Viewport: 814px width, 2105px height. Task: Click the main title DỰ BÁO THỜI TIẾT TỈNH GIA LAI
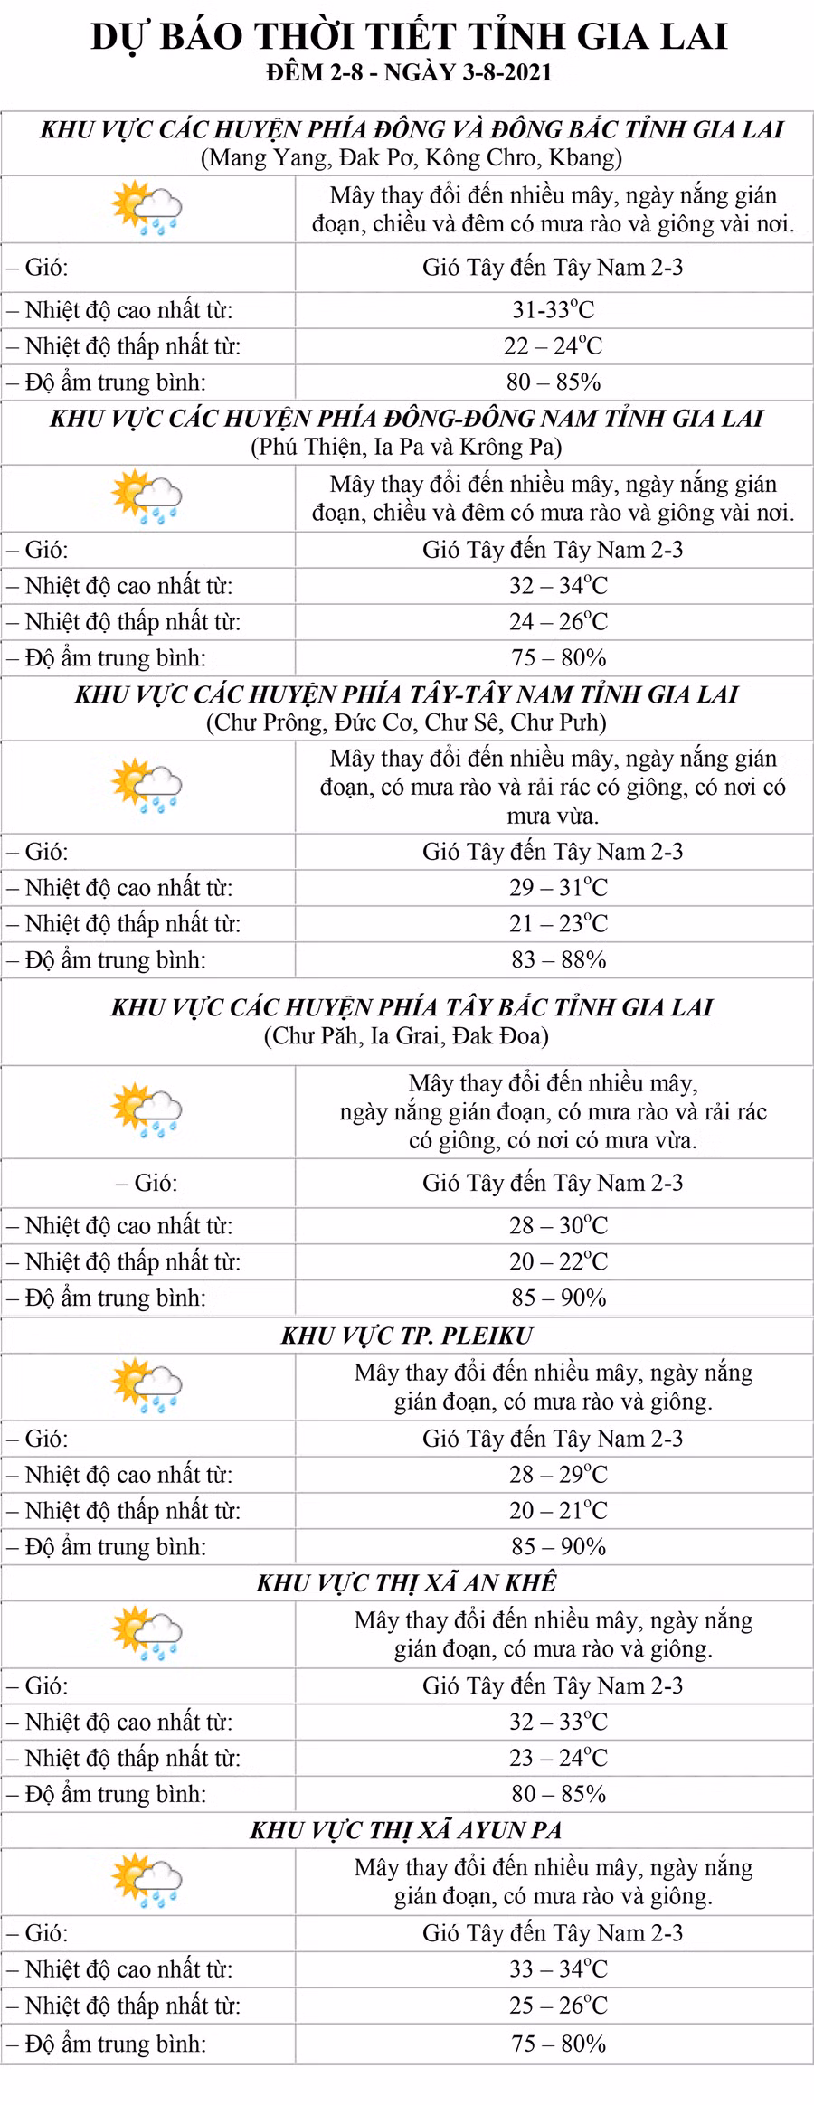(409, 37)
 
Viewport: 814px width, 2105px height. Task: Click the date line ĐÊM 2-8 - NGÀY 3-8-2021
(409, 72)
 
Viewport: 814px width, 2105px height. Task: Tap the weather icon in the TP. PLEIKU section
(147, 1386)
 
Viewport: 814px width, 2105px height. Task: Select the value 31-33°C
(553, 310)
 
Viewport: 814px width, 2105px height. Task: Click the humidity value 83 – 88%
(557, 959)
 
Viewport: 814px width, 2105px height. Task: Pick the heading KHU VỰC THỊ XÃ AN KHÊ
(406, 1582)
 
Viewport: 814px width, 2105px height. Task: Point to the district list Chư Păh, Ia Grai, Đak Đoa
(406, 1035)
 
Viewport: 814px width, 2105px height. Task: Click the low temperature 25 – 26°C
(557, 2006)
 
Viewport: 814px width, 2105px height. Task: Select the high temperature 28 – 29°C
(557, 1475)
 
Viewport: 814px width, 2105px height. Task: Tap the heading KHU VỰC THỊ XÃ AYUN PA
(406, 1830)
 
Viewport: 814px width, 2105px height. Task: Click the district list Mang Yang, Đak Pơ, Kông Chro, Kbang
(411, 158)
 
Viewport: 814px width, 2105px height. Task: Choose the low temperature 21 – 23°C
(557, 923)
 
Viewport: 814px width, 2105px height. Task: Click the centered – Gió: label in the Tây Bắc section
(147, 1183)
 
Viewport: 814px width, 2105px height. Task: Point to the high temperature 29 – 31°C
(557, 887)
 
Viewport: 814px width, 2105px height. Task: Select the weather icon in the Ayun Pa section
(147, 1881)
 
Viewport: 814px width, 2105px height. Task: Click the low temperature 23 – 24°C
(557, 1758)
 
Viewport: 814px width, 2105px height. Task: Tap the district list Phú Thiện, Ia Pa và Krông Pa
(406, 447)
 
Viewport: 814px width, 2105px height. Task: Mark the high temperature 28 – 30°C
(557, 1225)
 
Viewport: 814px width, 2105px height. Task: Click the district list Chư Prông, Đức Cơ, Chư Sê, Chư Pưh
(406, 722)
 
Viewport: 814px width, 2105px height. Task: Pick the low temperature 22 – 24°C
(553, 346)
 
